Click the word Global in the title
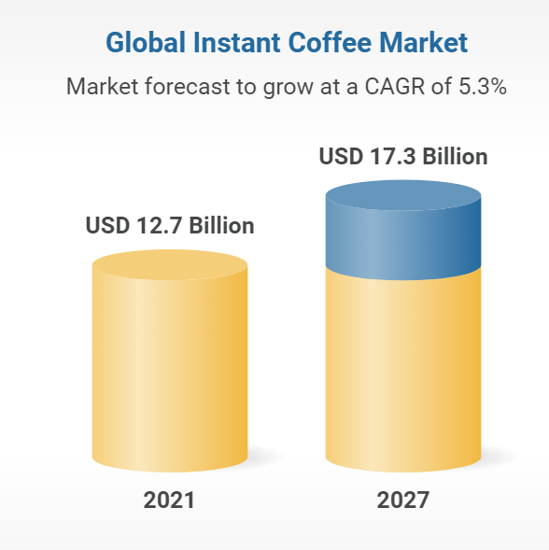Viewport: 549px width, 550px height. click(146, 42)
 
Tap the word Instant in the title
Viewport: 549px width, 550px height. click(237, 42)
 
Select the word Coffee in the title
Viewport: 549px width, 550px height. click(330, 42)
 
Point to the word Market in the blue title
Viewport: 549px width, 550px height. click(424, 42)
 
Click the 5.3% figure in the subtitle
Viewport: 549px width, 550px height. click(483, 86)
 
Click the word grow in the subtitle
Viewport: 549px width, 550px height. click(288, 89)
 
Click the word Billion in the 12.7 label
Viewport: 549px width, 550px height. click(221, 225)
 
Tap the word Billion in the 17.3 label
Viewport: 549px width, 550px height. click(455, 156)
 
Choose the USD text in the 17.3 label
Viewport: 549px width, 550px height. click(341, 156)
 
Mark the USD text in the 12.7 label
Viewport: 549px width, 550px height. click(107, 225)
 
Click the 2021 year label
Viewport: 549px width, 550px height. click(169, 501)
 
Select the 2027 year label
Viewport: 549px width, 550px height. click(402, 501)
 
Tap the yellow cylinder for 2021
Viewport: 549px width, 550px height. click(170, 361)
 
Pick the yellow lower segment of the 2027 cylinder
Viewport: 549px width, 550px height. click(403, 372)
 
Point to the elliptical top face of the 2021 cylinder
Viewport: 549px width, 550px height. click(170, 265)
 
